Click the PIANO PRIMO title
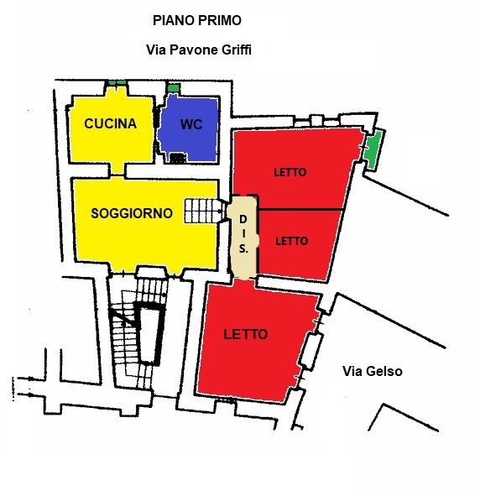(197, 21)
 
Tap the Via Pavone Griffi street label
(199, 50)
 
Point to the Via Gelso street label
(373, 371)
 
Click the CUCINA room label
(110, 123)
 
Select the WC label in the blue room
(191, 124)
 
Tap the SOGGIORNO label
(132, 213)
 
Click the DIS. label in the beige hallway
(243, 234)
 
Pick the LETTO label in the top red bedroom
(290, 172)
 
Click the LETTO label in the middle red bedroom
(291, 241)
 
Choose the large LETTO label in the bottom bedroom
(246, 334)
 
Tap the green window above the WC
(173, 87)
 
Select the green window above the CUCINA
(117, 82)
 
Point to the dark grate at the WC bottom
(178, 158)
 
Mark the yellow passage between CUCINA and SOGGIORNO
(117, 170)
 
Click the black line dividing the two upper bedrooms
(300, 209)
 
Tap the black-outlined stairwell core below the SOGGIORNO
(149, 333)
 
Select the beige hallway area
(243, 237)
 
